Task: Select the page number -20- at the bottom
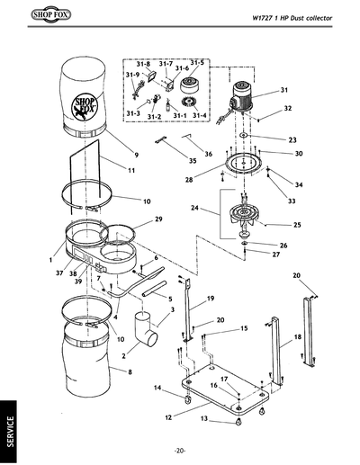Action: point(180,450)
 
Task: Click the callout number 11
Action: point(130,169)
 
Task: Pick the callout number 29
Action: point(158,219)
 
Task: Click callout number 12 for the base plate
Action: point(167,418)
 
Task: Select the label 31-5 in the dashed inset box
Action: point(197,62)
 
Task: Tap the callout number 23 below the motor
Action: point(292,139)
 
